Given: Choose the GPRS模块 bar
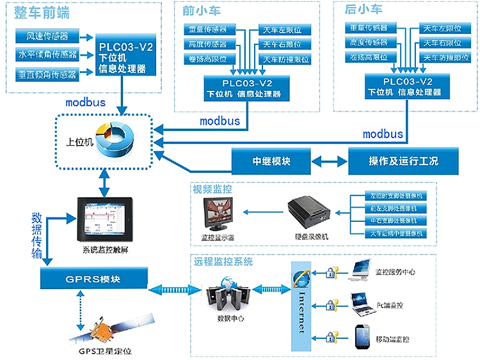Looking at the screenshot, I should [94, 279].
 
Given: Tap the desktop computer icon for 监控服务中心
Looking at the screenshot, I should [362, 271].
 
